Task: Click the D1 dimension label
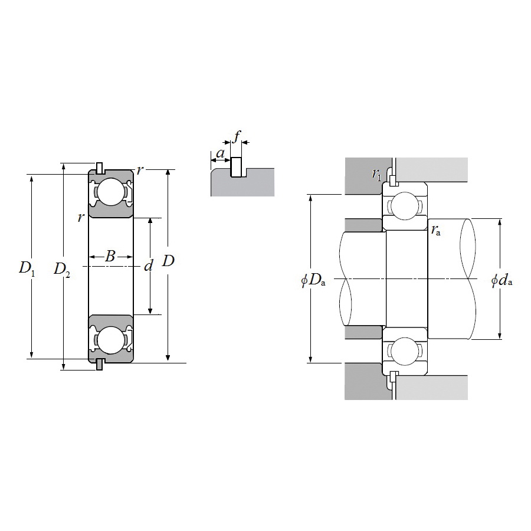[27, 269]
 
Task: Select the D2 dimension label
[62, 270]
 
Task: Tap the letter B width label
[110, 257]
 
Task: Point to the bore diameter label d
[148, 266]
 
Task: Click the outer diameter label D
[168, 261]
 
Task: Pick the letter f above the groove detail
[237, 136]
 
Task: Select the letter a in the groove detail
[220, 154]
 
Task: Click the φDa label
[313, 280]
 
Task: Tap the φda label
[501, 280]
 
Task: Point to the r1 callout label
[376, 174]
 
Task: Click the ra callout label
[436, 230]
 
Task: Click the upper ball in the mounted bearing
[405, 206]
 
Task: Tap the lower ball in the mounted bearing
[405, 351]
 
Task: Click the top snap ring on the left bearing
[100, 168]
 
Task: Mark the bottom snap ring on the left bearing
[100, 365]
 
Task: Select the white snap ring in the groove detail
[236, 167]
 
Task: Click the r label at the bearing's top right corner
[139, 170]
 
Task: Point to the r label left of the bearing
[80, 217]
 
